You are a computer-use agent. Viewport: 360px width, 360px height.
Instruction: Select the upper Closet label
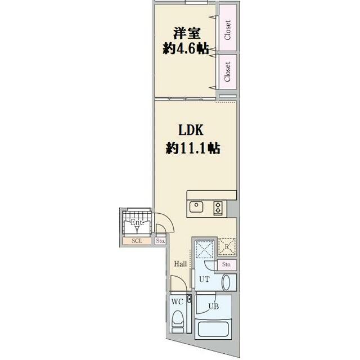click(228, 30)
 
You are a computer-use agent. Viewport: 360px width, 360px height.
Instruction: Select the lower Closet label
click(228, 71)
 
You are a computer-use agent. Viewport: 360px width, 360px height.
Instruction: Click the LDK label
click(192, 131)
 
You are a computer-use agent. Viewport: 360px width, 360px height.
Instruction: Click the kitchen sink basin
click(197, 206)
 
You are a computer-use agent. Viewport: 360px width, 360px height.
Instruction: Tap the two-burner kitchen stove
click(218, 208)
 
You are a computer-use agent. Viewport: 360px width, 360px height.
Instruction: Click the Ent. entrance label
click(137, 223)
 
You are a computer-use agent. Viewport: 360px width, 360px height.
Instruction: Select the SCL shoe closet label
click(136, 241)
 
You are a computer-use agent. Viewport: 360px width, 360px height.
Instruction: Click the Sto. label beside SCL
click(160, 242)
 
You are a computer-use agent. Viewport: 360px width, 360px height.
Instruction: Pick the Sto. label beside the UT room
click(227, 264)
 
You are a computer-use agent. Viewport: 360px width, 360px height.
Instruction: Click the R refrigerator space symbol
click(227, 245)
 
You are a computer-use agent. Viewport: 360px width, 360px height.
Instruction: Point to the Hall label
click(180, 264)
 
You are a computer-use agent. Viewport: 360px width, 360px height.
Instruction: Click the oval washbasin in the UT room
click(227, 282)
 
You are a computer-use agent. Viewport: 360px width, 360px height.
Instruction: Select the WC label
click(177, 301)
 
